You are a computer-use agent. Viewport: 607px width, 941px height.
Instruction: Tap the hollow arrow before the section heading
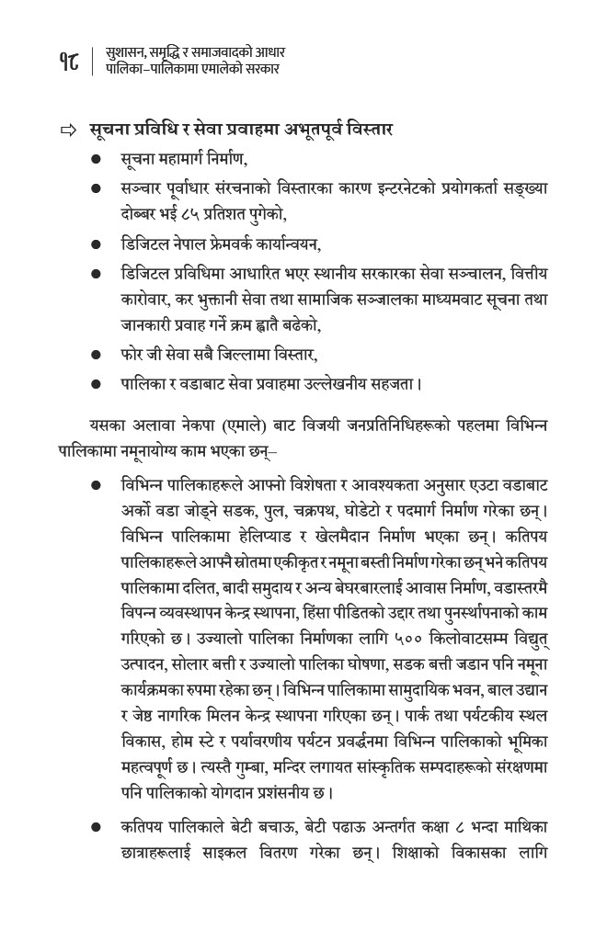pos(66,130)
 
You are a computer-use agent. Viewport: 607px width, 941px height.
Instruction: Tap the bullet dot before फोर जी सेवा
pos(96,353)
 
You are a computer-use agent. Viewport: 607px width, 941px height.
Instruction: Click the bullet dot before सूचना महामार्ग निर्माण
pos(96,159)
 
